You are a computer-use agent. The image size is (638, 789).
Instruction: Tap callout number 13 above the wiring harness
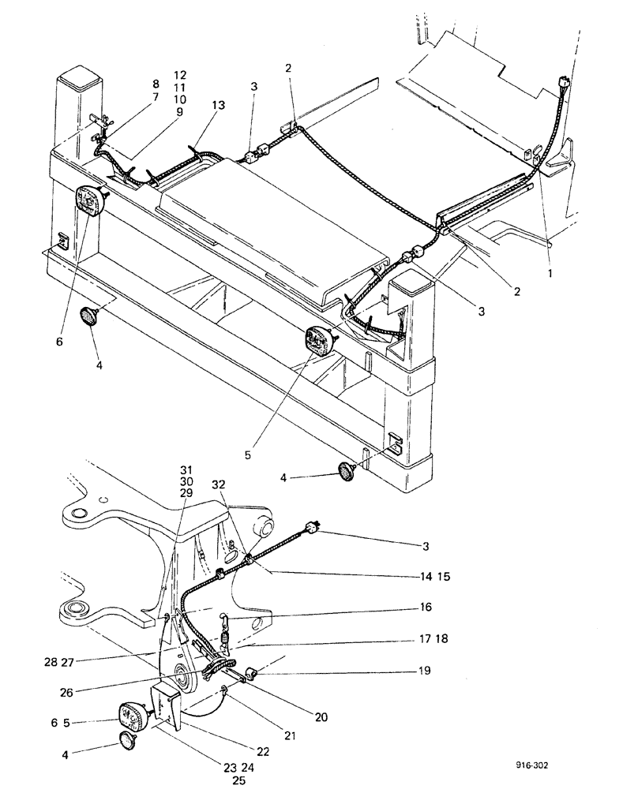click(x=218, y=105)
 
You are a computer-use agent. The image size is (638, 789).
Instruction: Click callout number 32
click(x=220, y=485)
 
